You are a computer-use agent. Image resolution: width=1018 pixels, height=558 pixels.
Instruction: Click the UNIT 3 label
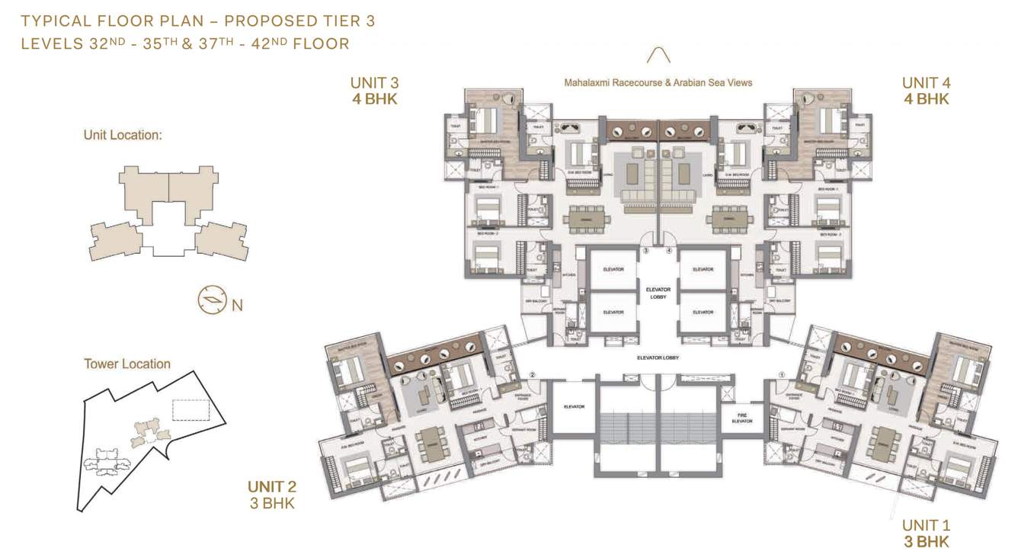click(373, 83)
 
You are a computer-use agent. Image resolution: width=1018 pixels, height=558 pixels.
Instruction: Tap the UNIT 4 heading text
click(926, 83)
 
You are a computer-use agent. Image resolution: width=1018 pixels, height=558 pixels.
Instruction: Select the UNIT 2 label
click(271, 487)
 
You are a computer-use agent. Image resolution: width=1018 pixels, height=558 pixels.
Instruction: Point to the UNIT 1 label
click(926, 525)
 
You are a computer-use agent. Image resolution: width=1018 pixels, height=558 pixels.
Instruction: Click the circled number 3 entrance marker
click(645, 250)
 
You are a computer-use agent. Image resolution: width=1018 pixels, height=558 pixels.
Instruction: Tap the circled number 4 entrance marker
click(669, 250)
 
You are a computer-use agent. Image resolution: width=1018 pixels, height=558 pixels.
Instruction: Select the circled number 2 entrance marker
click(533, 374)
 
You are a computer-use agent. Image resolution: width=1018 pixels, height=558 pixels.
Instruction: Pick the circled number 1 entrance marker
click(782, 374)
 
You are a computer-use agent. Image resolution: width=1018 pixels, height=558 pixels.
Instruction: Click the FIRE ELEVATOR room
click(737, 417)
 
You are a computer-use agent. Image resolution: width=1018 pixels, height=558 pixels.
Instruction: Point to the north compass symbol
click(211, 300)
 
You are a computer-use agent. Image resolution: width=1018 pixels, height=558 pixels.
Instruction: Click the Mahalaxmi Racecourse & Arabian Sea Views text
click(658, 82)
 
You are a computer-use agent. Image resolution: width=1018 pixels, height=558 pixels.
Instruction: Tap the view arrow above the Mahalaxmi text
click(658, 56)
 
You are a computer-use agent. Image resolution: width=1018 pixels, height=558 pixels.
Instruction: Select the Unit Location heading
click(123, 136)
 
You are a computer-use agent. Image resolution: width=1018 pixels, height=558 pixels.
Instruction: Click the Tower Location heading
click(127, 364)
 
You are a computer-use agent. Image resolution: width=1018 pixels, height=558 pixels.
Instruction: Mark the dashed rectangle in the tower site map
click(190, 409)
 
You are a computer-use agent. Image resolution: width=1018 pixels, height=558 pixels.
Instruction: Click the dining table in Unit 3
click(587, 219)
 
